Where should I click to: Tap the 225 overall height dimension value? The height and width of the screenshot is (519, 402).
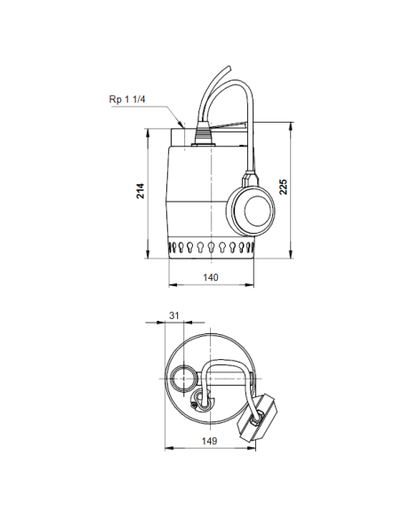285,186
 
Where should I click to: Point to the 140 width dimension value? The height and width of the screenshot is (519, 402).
211,277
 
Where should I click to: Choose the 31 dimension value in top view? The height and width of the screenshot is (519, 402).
174,315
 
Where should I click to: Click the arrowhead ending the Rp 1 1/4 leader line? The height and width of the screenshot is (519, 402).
183,126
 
